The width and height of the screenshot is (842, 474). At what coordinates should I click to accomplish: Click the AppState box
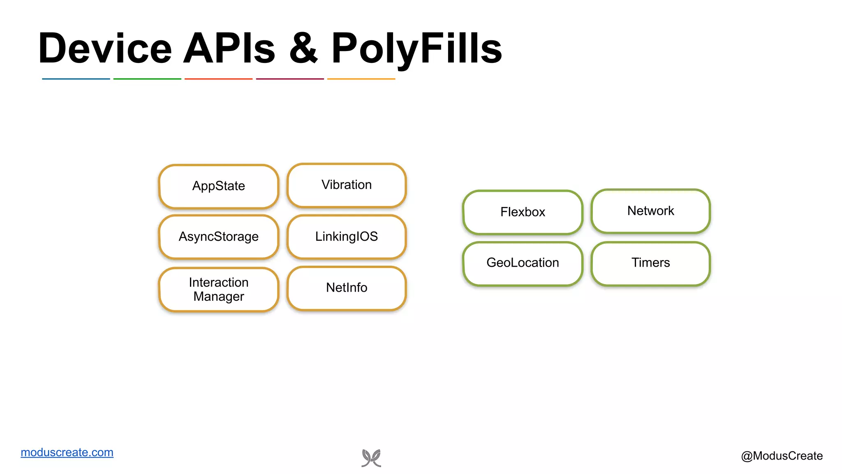tap(218, 186)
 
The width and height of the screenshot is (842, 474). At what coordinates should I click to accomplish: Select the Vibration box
tap(346, 185)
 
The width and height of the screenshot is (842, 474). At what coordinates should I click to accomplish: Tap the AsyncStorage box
tap(218, 237)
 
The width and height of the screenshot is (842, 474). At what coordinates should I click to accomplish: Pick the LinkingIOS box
tap(346, 237)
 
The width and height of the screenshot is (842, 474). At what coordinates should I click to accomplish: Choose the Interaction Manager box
tap(218, 289)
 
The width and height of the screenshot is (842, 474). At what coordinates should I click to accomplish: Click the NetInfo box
tap(346, 288)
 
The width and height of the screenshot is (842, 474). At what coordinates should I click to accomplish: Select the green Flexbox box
tap(523, 212)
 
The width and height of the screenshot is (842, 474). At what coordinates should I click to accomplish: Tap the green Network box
tap(650, 211)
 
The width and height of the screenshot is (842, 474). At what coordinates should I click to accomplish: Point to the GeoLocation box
tap(523, 263)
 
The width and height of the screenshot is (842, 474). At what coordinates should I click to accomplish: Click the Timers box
tap(650, 263)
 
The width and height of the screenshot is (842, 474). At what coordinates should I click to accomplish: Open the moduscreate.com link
tap(67, 452)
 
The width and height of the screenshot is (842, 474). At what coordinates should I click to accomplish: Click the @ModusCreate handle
tap(782, 456)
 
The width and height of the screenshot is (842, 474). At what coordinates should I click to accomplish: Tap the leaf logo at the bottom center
tap(371, 458)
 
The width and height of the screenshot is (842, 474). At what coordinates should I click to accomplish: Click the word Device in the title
tap(105, 49)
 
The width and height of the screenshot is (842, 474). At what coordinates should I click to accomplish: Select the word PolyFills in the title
tap(416, 49)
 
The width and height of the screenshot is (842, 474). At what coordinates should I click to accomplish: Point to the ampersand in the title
tap(303, 49)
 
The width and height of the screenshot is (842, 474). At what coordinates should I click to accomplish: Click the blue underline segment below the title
tap(76, 79)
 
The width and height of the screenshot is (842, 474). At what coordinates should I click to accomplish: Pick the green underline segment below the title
tap(147, 79)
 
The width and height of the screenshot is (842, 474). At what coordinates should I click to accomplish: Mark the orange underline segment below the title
tap(361, 79)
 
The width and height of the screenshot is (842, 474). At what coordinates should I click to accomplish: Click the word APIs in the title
tap(229, 49)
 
